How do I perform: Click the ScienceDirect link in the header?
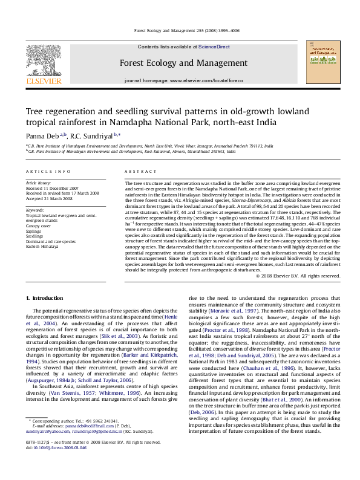(214, 47)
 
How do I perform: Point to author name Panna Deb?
(42, 135)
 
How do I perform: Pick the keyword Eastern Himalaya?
(42, 247)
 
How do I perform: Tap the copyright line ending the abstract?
(297, 276)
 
